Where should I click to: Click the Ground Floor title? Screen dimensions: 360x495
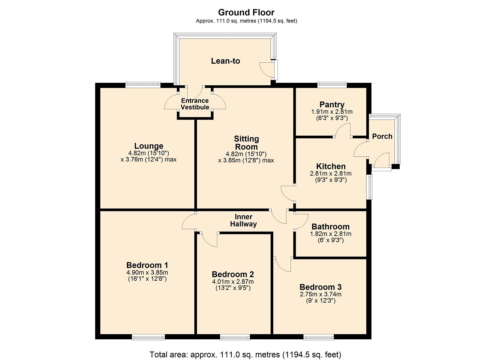point(246,12)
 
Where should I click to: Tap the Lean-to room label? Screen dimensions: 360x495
point(225,61)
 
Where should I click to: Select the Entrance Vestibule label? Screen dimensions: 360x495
point(195,104)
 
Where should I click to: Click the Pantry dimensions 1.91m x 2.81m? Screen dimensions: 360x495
point(331,112)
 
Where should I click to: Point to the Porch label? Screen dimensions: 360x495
point(382,136)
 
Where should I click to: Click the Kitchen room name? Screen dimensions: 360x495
point(331,166)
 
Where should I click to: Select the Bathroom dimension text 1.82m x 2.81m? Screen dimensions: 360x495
point(330,234)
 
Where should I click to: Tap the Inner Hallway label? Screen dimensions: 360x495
point(243,220)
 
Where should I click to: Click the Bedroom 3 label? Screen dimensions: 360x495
point(320,287)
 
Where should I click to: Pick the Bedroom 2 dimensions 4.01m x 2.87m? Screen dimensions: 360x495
point(233,281)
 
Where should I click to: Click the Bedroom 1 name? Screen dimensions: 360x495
point(147,265)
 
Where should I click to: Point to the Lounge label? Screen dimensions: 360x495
point(149,146)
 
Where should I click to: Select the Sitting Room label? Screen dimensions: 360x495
point(246,143)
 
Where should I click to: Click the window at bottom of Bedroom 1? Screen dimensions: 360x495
point(148,337)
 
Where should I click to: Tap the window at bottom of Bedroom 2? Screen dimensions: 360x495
point(235,337)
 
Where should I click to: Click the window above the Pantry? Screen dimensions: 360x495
point(332,85)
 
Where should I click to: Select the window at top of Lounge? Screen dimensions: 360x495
point(143,85)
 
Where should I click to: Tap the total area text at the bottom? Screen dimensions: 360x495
point(245,354)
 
